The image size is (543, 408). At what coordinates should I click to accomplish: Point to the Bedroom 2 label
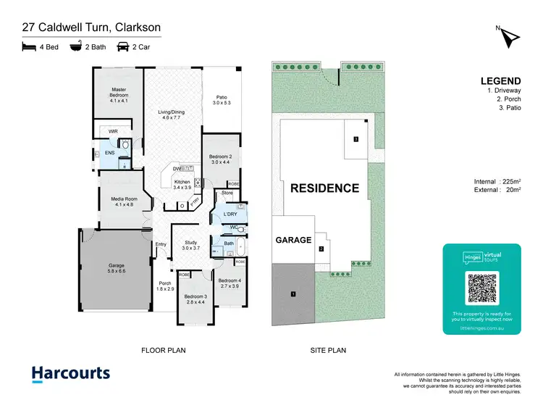point(220,159)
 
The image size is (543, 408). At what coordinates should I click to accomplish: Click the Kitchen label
point(182,184)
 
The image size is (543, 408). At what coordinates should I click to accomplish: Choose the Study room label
point(190,245)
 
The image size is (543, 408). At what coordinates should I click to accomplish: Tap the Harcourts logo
point(71,375)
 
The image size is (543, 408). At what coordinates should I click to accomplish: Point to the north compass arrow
point(509,36)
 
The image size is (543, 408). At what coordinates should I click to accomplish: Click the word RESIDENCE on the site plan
point(324,188)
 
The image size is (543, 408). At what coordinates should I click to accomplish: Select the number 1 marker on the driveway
point(293,294)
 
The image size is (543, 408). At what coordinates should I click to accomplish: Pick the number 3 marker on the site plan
point(355,139)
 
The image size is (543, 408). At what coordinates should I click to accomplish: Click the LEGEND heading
point(499,81)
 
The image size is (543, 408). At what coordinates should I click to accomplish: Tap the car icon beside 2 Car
point(123,47)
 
